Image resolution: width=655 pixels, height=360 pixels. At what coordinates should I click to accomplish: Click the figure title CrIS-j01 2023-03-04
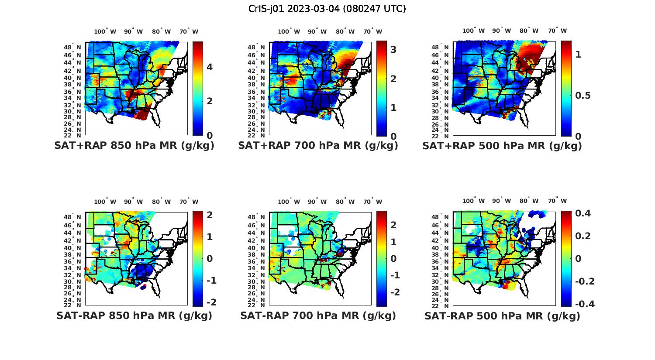coord(327,9)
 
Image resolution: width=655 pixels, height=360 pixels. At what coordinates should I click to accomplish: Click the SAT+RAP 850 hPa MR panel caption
coord(134,146)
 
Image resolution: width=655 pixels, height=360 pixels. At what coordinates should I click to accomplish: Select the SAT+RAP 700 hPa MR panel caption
coord(318,146)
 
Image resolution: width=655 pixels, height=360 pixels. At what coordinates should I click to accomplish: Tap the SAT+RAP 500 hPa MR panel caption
coord(502,146)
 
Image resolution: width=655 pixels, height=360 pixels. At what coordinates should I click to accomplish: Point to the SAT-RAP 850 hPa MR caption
coord(134,315)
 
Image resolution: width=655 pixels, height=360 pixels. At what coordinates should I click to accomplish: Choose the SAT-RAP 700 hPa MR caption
coord(318,315)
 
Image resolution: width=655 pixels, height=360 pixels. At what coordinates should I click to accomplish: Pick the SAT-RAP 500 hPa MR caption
coord(502,315)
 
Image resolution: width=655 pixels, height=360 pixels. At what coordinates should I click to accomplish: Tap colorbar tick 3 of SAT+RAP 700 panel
coord(393,50)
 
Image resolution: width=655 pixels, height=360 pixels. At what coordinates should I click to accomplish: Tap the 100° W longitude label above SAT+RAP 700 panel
coord(289,31)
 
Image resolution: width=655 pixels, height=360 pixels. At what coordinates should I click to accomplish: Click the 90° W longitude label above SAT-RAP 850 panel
coord(133,202)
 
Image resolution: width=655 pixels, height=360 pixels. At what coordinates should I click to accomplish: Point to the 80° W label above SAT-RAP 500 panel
coord(529,201)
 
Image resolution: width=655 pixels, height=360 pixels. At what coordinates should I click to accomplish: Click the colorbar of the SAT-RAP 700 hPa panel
coord(382,259)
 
